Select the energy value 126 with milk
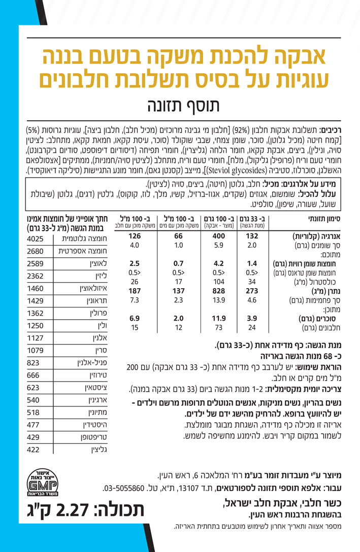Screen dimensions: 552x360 pos(134,236)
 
